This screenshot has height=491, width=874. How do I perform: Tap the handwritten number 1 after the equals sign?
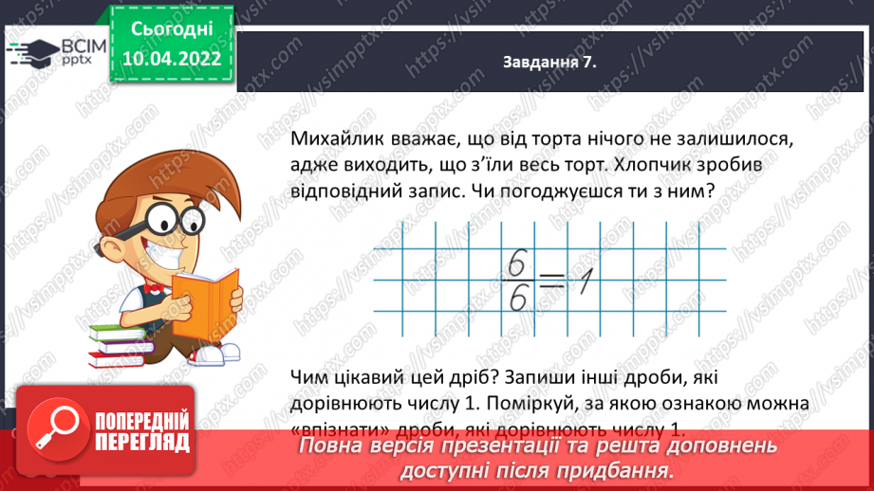tap(586, 281)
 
